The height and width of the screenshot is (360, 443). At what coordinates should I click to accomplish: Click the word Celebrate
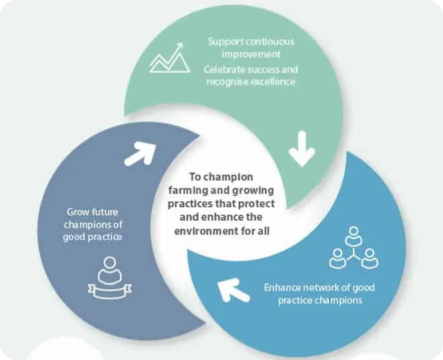click(227, 69)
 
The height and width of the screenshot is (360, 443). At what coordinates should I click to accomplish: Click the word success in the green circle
click(268, 69)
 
